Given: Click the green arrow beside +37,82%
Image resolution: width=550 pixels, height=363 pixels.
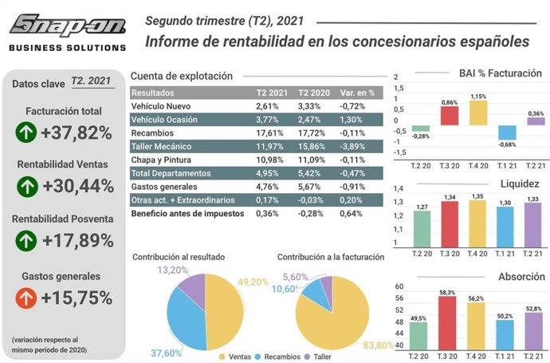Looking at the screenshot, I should pos(26,132).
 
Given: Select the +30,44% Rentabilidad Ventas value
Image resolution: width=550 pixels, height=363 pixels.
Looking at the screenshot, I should pos(76,187).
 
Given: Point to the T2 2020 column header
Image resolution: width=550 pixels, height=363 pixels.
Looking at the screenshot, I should pos(313,92).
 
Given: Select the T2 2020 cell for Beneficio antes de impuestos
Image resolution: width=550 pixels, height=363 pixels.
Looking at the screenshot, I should pos(311,214).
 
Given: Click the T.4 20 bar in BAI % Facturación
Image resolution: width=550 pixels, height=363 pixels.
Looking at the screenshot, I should pos(477,112).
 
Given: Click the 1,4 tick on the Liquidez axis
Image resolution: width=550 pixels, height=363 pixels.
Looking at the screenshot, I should pos(398,188).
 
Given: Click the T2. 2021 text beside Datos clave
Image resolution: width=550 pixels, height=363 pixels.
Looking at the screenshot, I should pos(91,81).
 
